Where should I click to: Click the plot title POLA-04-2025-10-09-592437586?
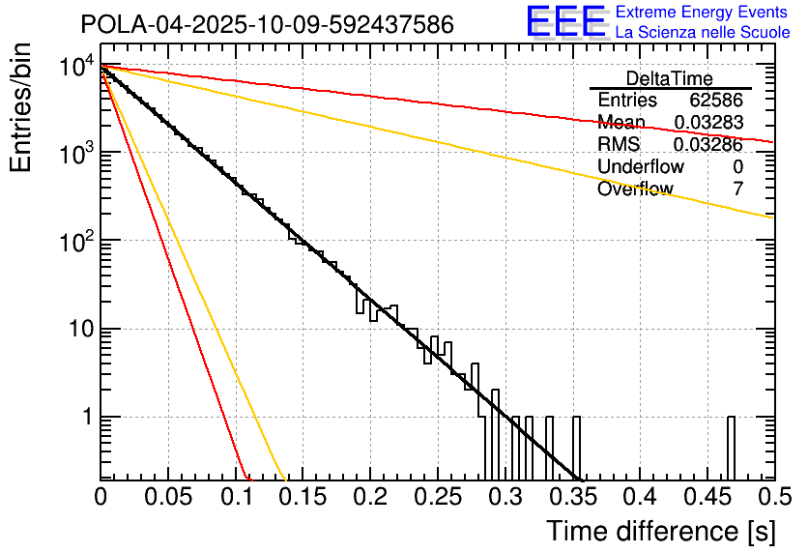pos(267,24)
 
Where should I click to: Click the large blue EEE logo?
pos(565,21)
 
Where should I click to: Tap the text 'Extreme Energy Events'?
pos(702,13)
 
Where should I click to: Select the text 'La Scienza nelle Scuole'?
pos(702,32)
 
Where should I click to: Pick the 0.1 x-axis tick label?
pos(235,497)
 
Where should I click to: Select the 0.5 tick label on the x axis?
pos(773,497)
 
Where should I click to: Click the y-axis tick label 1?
pos(85,419)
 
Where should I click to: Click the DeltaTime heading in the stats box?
pos(670,78)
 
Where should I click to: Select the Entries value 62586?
pos(716,101)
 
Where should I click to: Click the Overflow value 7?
pos(738,189)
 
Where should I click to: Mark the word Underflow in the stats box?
pos(641,167)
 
